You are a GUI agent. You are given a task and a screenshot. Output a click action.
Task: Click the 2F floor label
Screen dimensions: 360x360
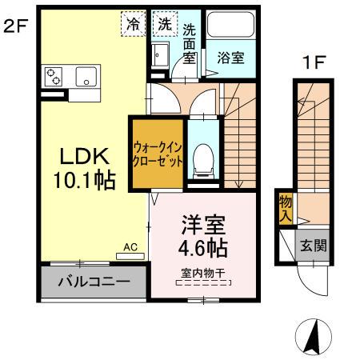pos(16,25)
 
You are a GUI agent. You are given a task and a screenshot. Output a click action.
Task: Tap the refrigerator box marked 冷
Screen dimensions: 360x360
pos(133,24)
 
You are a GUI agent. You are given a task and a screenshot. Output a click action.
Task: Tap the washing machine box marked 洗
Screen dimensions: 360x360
pos(163,24)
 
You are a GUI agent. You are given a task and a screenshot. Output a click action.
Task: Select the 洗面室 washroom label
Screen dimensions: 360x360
pos(189,43)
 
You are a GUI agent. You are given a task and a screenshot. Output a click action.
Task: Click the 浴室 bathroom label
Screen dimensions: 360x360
pos(230,58)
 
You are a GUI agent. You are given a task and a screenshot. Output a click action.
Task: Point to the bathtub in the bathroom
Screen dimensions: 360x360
pos(230,29)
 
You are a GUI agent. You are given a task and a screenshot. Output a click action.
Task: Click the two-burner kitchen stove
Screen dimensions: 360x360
pos(54,77)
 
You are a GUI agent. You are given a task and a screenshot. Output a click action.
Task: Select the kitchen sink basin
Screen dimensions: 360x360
pos(86,78)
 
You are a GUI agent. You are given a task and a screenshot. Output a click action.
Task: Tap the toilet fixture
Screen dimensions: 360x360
pos(204,156)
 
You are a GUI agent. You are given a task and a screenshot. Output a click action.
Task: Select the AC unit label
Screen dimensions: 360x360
pos(130,248)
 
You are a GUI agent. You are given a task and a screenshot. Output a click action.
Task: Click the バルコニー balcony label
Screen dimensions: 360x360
pos(93,282)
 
